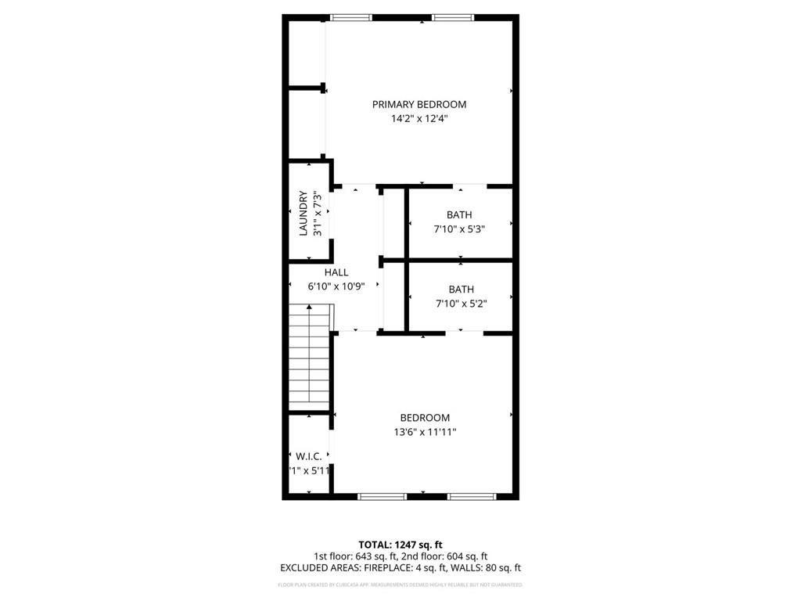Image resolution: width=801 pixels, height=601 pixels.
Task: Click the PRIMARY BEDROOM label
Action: pyautogui.click(x=418, y=104)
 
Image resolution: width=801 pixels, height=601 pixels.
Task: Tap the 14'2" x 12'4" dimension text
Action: pyautogui.click(x=418, y=119)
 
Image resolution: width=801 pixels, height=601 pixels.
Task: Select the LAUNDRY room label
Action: pyautogui.click(x=303, y=214)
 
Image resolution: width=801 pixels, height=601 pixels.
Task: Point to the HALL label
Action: pyautogui.click(x=336, y=272)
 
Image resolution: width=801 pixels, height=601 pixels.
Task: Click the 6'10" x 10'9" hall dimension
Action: pyautogui.click(x=336, y=286)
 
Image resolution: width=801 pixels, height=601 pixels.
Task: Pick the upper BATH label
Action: pyautogui.click(x=459, y=215)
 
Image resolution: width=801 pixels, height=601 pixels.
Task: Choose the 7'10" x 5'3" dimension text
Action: pyautogui.click(x=459, y=229)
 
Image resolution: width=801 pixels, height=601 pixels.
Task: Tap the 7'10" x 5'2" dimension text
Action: pyautogui.click(x=461, y=304)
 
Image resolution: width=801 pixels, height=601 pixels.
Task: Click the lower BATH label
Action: pyautogui.click(x=461, y=290)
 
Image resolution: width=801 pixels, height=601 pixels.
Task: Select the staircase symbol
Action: pyautogui.click(x=309, y=356)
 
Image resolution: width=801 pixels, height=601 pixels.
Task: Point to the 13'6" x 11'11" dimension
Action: pyautogui.click(x=425, y=432)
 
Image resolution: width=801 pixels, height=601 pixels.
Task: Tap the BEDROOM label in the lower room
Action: pyautogui.click(x=425, y=418)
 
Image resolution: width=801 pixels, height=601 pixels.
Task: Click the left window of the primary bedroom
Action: pyautogui.click(x=350, y=17)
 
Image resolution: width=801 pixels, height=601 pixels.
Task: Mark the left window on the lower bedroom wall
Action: pyautogui.click(x=382, y=495)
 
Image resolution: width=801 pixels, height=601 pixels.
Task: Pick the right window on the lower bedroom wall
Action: pyautogui.click(x=472, y=495)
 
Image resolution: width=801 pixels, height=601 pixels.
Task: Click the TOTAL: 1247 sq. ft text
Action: pyautogui.click(x=400, y=545)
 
